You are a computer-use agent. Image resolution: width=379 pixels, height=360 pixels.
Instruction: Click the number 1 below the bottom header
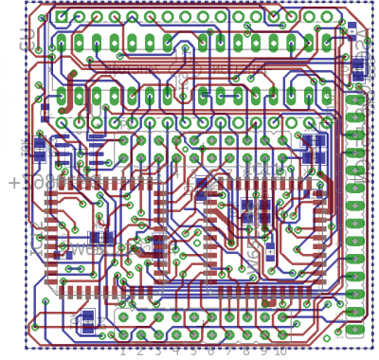(122, 351)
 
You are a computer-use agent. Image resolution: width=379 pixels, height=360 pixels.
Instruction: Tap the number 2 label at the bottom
(140, 351)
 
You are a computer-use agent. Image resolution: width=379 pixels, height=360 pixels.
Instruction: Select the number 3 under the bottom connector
(157, 351)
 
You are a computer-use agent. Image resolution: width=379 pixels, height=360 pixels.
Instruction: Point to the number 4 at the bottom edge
(175, 351)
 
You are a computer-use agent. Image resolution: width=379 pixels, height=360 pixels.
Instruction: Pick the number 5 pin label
(192, 351)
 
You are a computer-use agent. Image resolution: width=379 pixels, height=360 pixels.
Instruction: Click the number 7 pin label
(228, 351)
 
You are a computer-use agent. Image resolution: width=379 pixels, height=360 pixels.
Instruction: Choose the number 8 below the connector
(245, 351)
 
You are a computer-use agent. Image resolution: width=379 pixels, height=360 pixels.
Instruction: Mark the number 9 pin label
(262, 351)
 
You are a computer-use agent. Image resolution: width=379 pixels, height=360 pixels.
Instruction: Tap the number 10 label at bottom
(280, 351)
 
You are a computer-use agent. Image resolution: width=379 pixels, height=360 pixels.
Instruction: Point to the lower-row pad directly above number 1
(122, 334)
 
